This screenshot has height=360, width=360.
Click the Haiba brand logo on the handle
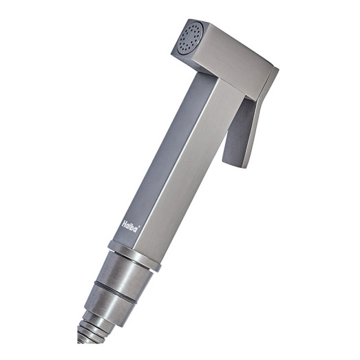point(131,226)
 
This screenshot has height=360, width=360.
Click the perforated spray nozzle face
point(189,39)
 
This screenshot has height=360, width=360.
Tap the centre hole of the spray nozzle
point(189,39)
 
